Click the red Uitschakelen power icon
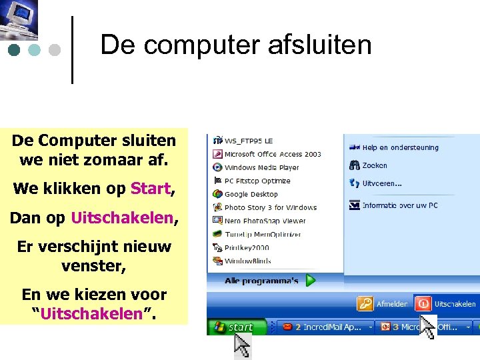point(422,304)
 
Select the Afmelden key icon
point(365,304)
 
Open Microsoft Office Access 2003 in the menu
point(272,154)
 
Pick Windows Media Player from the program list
point(261,167)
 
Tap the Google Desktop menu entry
point(251,194)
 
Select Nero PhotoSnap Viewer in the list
point(265,221)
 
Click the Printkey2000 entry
point(247,247)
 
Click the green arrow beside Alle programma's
point(311,281)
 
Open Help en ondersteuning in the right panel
point(399,147)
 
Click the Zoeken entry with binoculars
point(374,165)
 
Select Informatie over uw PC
point(399,205)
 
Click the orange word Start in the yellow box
point(151,189)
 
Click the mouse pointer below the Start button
point(242,345)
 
